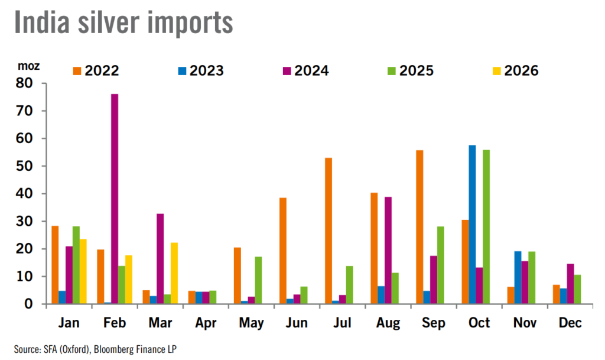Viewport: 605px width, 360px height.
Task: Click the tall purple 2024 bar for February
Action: point(115,199)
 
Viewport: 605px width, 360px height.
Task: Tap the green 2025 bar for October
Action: point(486,227)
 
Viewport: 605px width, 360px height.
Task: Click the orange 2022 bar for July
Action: point(328,231)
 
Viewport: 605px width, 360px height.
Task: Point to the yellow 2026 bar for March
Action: point(174,273)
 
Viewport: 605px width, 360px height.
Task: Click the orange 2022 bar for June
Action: point(283,251)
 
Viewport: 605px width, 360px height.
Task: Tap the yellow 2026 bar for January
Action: point(83,271)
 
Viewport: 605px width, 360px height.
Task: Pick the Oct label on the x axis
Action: point(479,323)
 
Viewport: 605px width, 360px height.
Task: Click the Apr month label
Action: point(206,323)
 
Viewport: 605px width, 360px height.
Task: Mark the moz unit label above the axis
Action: point(28,66)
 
